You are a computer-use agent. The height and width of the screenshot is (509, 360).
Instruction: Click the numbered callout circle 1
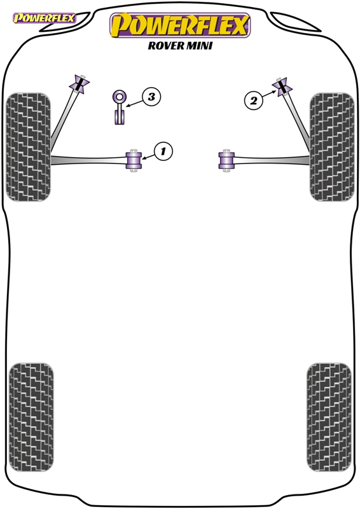[x=163, y=151]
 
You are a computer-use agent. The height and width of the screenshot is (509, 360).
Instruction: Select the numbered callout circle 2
[x=253, y=100]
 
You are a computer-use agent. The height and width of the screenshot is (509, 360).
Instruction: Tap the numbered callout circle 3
[x=151, y=97]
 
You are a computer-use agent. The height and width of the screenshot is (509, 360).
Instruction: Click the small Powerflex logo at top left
[x=44, y=18]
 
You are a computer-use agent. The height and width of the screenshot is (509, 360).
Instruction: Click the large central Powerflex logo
[x=180, y=25]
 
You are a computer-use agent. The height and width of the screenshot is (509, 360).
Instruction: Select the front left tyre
[x=28, y=147]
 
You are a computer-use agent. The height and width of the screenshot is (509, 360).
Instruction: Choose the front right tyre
[x=332, y=147]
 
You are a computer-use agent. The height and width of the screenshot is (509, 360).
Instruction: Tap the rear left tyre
[x=31, y=417]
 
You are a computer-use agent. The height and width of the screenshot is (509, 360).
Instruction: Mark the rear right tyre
[x=329, y=417]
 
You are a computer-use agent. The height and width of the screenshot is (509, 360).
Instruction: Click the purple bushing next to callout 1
[x=134, y=160]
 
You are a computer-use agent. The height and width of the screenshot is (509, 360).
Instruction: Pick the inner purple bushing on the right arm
[x=226, y=160]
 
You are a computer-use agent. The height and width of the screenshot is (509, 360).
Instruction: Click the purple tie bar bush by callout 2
[x=282, y=87]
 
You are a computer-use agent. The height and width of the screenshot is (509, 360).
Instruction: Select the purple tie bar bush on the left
[x=80, y=85]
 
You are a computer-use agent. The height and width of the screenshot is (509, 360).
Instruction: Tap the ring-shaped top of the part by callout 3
[x=120, y=97]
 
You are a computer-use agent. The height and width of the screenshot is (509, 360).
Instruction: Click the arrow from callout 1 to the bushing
[x=148, y=157]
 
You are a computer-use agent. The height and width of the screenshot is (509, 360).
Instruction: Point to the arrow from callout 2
[x=270, y=94]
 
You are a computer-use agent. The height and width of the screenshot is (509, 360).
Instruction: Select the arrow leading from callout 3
[x=135, y=103]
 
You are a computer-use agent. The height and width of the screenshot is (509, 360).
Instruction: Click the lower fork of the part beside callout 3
[x=120, y=117]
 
